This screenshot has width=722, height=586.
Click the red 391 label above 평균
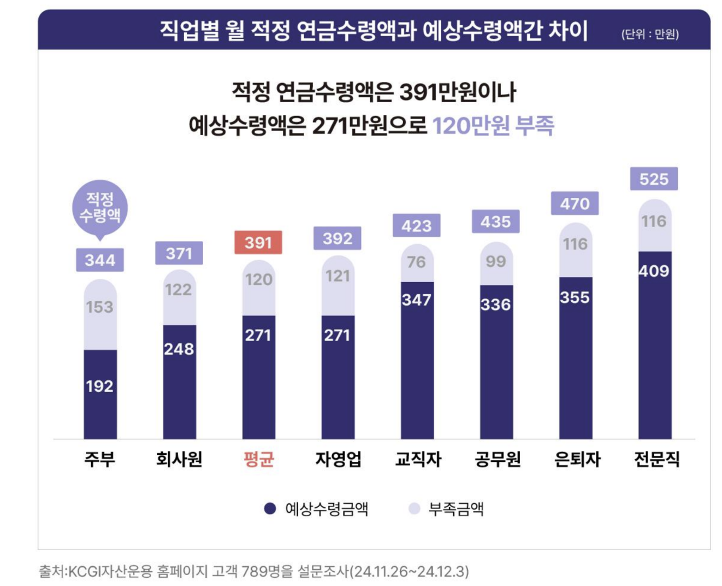(x=258, y=243)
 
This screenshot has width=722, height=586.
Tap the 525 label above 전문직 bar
(x=654, y=179)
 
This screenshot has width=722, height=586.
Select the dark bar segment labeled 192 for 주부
(x=100, y=394)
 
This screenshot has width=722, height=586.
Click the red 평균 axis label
(x=258, y=459)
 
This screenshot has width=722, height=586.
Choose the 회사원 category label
(x=179, y=459)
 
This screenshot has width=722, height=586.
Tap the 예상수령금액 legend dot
(x=270, y=509)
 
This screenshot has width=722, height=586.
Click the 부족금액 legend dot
(x=415, y=509)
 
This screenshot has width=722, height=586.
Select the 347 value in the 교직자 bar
(x=417, y=300)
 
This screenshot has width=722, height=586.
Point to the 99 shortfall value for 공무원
(x=496, y=261)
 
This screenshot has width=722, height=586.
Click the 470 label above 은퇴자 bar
(x=575, y=203)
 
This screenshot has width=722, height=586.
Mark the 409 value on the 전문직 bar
(x=654, y=271)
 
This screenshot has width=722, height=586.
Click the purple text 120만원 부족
(x=493, y=126)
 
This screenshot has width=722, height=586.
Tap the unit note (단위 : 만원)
(x=650, y=34)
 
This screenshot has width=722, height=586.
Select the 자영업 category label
(x=338, y=459)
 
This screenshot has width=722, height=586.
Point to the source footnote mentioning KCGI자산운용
(x=253, y=571)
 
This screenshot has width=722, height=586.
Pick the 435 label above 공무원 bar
(x=496, y=222)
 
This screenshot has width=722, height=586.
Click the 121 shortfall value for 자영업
(x=338, y=276)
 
